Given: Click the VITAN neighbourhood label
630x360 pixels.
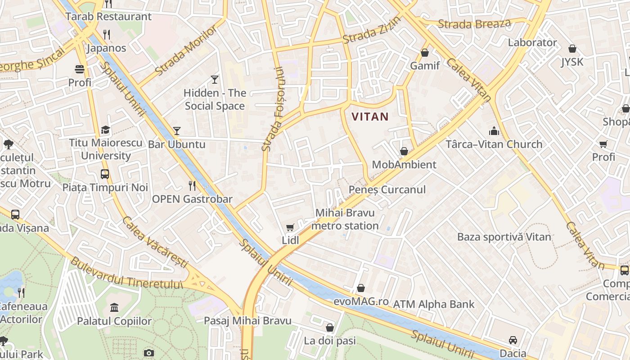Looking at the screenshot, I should (x=370, y=117).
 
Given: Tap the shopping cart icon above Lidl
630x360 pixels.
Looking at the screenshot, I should (x=290, y=228).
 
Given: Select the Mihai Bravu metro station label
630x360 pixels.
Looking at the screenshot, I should (x=345, y=219).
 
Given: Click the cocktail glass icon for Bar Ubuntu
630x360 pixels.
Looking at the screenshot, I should (x=177, y=131).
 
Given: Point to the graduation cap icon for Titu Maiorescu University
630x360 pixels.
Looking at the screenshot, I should (x=105, y=130).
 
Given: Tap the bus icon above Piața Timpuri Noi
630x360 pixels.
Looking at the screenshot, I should (x=105, y=174).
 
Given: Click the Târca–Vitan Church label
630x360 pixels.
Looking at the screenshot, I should (x=494, y=144).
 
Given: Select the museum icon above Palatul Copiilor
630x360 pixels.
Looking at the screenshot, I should (x=114, y=308).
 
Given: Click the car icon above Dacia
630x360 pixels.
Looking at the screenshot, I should (x=513, y=340).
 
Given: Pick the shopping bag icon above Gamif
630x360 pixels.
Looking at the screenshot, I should (x=424, y=53).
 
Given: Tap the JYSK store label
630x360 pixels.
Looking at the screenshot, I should (x=572, y=62).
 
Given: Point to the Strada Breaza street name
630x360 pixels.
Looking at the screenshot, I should (x=474, y=24).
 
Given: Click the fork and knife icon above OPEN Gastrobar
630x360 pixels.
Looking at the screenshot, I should (x=192, y=186).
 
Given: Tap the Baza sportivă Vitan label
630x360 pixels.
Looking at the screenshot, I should (x=504, y=237).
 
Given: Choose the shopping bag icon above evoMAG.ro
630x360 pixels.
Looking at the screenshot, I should (x=361, y=288).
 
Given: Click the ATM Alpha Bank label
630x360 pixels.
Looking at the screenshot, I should (x=434, y=305).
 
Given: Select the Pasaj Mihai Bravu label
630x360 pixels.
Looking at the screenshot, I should (x=247, y=321).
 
